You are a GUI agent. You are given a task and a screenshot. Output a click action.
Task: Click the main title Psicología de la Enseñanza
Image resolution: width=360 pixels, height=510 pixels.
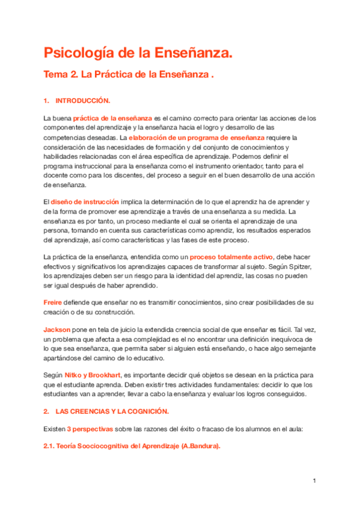pos(138,54)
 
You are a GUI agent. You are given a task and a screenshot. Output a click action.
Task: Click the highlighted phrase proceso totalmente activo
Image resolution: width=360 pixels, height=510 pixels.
pos(235,257)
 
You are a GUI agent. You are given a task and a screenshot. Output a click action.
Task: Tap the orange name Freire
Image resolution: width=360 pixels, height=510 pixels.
pos(53,301)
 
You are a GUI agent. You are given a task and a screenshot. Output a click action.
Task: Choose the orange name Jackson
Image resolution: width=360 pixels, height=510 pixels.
pos(56,330)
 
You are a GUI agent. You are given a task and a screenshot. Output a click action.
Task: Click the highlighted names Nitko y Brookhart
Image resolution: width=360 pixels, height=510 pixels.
pos(95,373)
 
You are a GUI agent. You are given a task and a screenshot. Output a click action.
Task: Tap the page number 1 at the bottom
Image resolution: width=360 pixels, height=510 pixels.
pos(314,481)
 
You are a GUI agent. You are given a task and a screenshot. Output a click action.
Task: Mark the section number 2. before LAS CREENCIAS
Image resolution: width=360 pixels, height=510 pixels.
pos(46,411)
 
